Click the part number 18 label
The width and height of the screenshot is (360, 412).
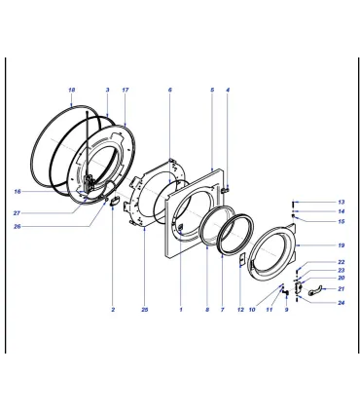(72, 90)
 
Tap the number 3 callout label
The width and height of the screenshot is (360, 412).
(108, 90)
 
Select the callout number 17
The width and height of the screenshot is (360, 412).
(126, 90)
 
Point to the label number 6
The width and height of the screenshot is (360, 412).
(170, 90)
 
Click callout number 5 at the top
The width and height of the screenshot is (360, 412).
(212, 90)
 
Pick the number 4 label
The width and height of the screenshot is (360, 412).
(228, 90)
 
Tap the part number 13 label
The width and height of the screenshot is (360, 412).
(341, 203)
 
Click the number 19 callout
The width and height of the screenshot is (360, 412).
(341, 245)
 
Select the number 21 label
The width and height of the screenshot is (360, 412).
(341, 289)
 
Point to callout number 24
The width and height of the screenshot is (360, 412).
(341, 303)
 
